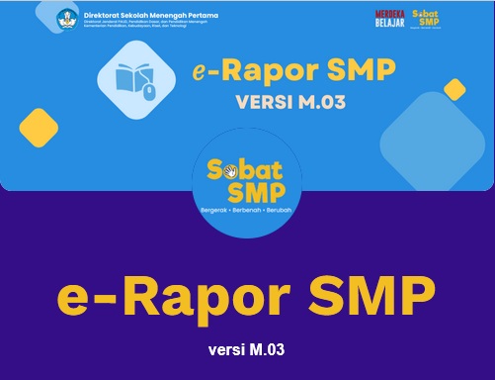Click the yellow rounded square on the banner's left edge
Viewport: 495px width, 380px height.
tap(39, 128)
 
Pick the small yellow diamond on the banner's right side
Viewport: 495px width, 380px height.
tap(454, 90)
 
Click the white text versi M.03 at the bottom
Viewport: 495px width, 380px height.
tap(247, 350)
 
